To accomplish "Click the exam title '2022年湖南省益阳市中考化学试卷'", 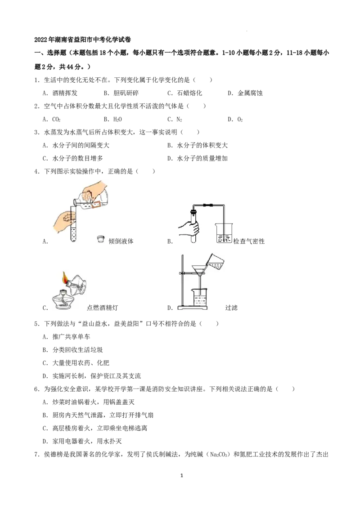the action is [x=82, y=40].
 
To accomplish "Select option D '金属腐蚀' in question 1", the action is [x=250, y=93].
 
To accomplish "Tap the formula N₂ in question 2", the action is [x=180, y=120].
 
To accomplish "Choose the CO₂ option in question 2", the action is [x=57, y=120].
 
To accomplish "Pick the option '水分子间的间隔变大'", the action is [x=81, y=145].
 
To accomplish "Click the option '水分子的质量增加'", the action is [x=202, y=158].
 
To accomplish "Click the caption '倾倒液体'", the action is [x=121, y=241].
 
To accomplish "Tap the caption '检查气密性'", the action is [x=249, y=241].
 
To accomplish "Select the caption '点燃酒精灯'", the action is [x=102, y=308].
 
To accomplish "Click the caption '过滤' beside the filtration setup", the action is [x=231, y=308].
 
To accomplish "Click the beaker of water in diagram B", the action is [x=224, y=233].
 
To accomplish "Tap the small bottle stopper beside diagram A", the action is [x=101, y=239].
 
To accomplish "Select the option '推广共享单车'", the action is [x=71, y=337].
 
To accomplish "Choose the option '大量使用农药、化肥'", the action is [x=81, y=363].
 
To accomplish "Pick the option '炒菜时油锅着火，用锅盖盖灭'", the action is [x=93, y=402].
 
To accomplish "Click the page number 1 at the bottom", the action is [x=182, y=476].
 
